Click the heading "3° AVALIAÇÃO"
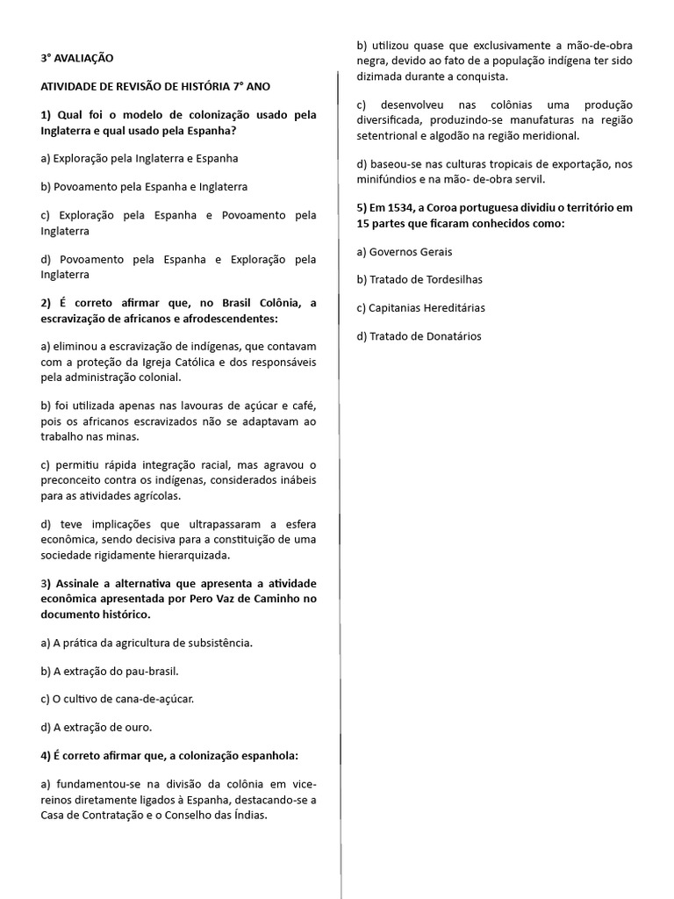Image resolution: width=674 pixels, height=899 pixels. pyautogui.click(x=77, y=58)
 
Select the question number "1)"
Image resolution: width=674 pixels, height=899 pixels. pyautogui.click(x=47, y=115)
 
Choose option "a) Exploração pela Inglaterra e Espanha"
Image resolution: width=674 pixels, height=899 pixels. pyautogui.click(x=140, y=158)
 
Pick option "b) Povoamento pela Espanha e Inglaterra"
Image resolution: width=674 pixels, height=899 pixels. pyautogui.click(x=144, y=187)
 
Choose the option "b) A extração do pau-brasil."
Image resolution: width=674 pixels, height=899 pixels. pyautogui.click(x=110, y=671)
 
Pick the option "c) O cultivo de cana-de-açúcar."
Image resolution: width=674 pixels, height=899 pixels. pyautogui.click(x=118, y=699)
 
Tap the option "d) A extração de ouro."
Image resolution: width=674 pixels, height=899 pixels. pyautogui.click(x=97, y=727)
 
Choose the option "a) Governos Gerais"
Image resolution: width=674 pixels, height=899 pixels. pyautogui.click(x=405, y=251)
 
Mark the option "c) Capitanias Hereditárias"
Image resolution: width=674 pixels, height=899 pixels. pyautogui.click(x=421, y=308)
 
